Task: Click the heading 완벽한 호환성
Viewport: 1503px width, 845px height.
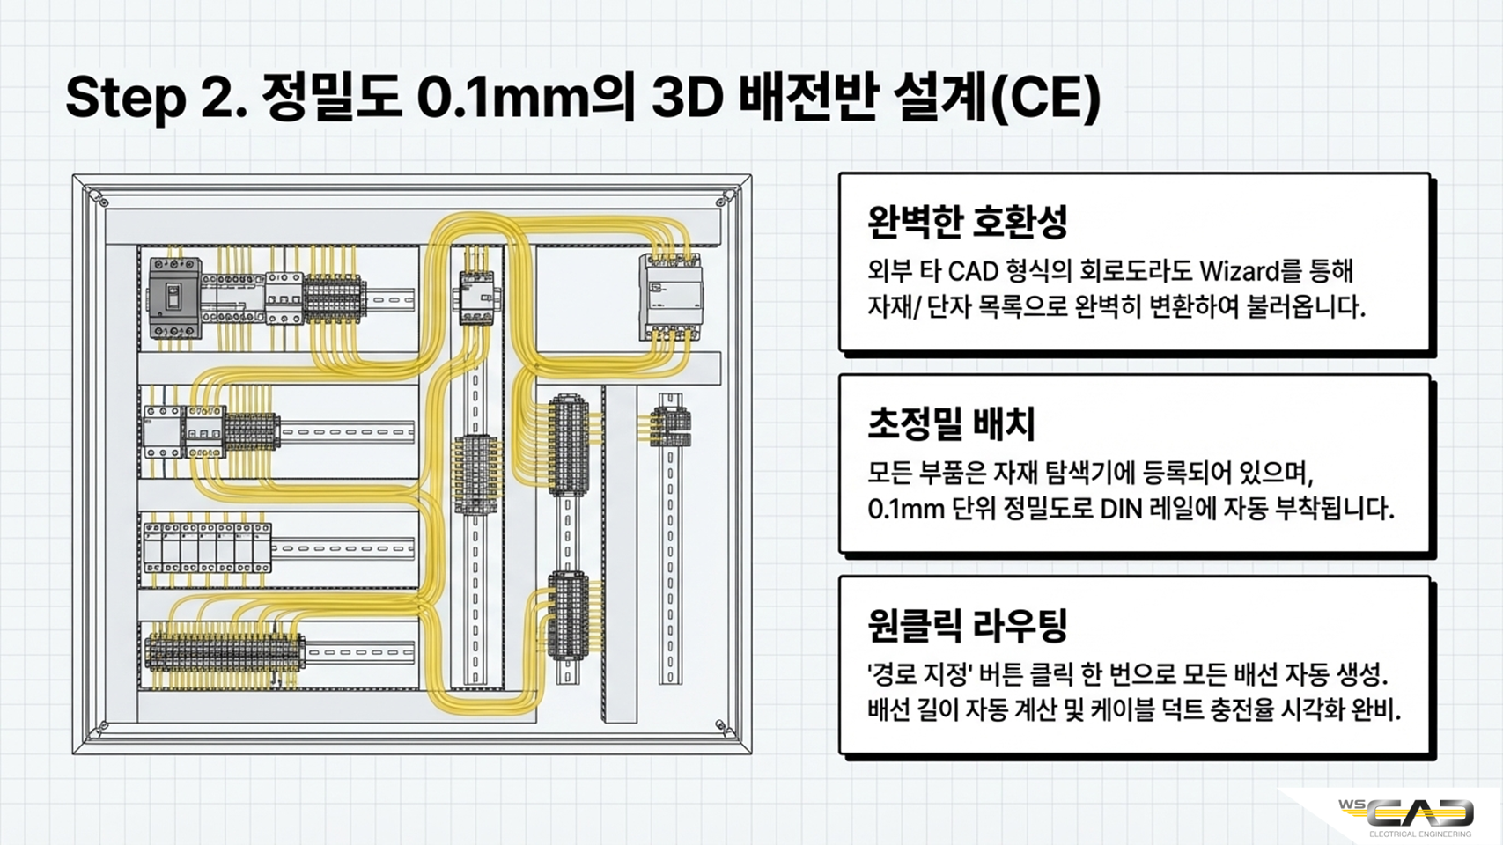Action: pos(967,222)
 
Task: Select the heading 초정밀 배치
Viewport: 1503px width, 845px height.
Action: pos(952,424)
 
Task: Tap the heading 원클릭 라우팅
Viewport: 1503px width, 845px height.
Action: pos(967,625)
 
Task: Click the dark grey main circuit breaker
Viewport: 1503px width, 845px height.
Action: pos(174,298)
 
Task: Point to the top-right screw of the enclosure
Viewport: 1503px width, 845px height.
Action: pos(725,200)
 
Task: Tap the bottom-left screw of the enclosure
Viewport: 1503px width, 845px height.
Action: pos(102,726)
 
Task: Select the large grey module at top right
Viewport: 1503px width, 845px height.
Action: pos(670,298)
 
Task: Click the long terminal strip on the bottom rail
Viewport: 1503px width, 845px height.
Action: pos(225,653)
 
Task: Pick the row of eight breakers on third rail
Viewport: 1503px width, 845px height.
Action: pos(207,548)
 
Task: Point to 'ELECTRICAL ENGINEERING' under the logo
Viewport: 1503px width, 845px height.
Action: pos(1420,834)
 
